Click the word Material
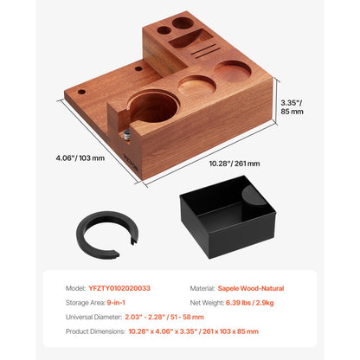pos(203,288)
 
